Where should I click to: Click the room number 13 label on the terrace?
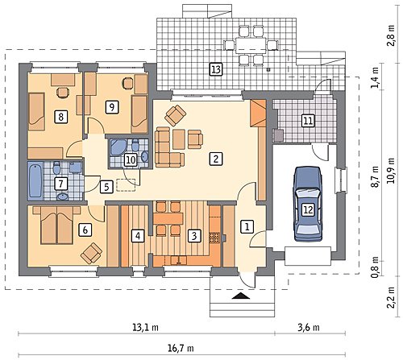(x=216, y=69)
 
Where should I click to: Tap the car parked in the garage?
(x=308, y=204)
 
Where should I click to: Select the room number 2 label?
(x=216, y=159)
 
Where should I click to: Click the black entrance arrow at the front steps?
(x=243, y=296)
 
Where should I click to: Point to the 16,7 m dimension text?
(x=181, y=348)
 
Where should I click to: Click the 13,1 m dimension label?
(x=145, y=327)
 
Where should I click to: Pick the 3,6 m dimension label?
(x=309, y=327)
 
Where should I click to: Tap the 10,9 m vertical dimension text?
(x=391, y=170)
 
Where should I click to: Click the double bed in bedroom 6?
(x=56, y=225)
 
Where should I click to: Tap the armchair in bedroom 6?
(x=91, y=253)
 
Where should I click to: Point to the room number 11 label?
(x=308, y=120)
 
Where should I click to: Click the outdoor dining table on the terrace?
(x=251, y=44)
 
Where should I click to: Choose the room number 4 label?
(x=138, y=236)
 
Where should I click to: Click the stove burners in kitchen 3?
(x=214, y=238)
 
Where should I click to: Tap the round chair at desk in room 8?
(x=63, y=93)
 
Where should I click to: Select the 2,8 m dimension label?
(x=391, y=35)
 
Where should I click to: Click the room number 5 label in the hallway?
(x=106, y=187)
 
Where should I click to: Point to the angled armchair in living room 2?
(x=176, y=115)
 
